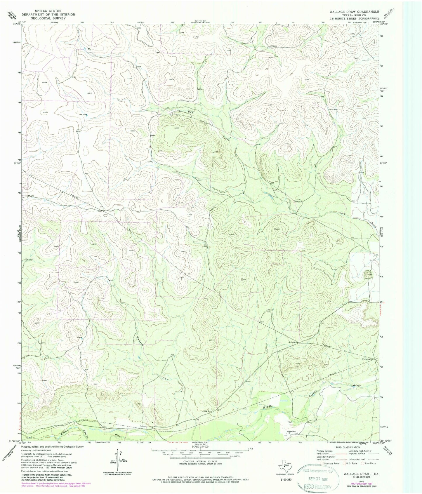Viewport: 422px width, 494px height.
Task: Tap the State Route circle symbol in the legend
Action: (364, 463)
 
